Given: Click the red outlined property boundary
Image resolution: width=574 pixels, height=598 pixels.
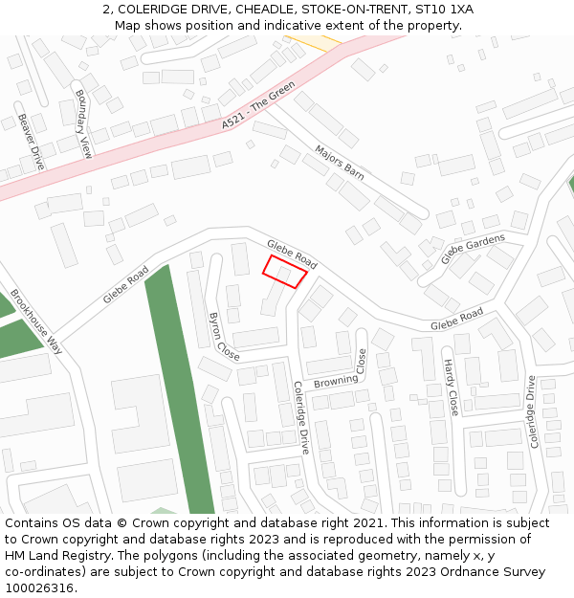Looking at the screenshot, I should pyautogui.click(x=285, y=272).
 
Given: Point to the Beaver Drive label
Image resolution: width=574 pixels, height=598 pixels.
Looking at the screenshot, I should pyautogui.click(x=31, y=142).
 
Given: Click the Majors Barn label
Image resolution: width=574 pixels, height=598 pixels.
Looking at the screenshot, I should pyautogui.click(x=340, y=163).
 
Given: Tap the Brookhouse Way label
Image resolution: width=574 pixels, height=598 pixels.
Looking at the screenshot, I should pyautogui.click(x=36, y=321).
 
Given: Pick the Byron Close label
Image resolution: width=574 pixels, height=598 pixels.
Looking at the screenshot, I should pyautogui.click(x=224, y=336).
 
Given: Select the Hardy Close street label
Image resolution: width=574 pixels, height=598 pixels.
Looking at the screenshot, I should pyautogui.click(x=451, y=388).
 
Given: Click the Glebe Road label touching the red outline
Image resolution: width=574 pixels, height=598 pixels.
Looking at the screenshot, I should pyautogui.click(x=292, y=254).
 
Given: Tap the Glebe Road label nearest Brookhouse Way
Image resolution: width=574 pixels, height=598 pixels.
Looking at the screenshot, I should pyautogui.click(x=126, y=286).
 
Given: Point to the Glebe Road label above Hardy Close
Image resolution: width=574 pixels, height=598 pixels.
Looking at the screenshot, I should pyautogui.click(x=456, y=320).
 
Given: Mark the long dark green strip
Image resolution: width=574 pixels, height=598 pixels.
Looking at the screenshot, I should pyautogui.click(x=179, y=392).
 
